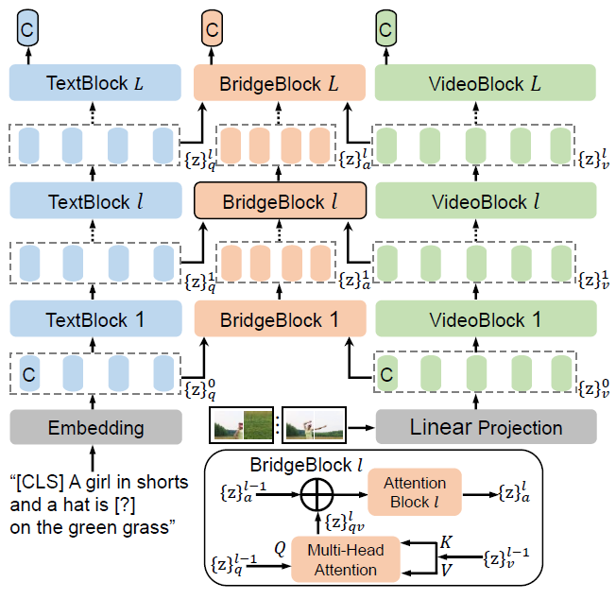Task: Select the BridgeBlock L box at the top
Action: coord(279,83)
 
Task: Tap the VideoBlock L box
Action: coord(486,83)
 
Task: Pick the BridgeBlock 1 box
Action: coord(279,319)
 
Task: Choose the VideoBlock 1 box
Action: coord(486,319)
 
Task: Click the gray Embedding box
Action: coord(94,427)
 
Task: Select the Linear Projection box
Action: coord(486,427)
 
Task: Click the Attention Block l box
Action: coord(414,492)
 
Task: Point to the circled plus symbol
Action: coord(317,492)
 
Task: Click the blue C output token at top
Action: coord(29,29)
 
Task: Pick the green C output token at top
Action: coord(385,29)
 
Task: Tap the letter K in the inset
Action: coord(447,542)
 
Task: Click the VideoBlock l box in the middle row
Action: coord(486,201)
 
